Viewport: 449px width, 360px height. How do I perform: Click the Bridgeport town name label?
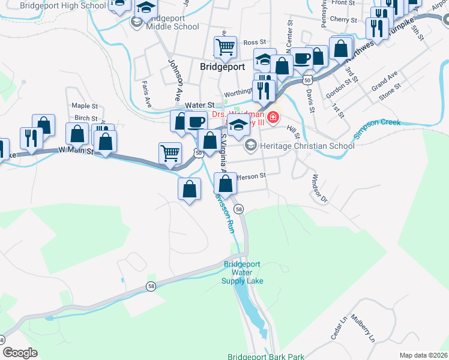pos(222,67)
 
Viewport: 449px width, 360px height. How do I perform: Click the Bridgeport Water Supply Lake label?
pos(243,272)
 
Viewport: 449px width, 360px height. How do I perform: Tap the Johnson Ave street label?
pos(175,79)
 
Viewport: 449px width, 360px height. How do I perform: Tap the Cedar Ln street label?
pos(340,328)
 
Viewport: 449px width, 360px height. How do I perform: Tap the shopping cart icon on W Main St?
pos(170,152)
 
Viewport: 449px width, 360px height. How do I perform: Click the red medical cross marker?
pos(273,117)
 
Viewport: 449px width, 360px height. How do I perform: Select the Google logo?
pos(20,353)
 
